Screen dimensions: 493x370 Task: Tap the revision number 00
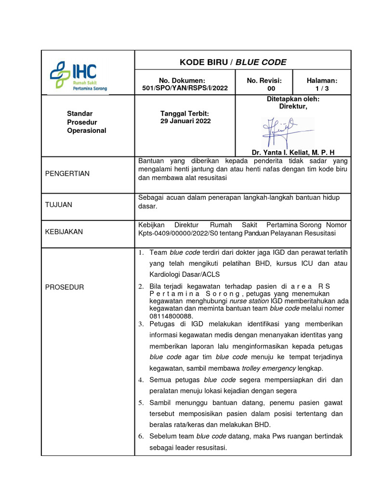(271, 89)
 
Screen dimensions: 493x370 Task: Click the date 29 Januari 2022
(185, 121)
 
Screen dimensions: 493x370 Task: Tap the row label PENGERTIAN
(67, 173)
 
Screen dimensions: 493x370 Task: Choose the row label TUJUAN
(59, 205)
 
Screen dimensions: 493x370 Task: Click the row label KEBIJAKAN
(64, 232)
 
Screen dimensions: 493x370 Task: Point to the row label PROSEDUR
(65, 287)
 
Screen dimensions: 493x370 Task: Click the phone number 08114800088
(171, 316)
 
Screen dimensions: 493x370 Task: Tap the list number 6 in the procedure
(141, 436)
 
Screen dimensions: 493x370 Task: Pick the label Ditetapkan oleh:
(293, 99)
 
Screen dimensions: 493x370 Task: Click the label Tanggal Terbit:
(185, 113)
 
